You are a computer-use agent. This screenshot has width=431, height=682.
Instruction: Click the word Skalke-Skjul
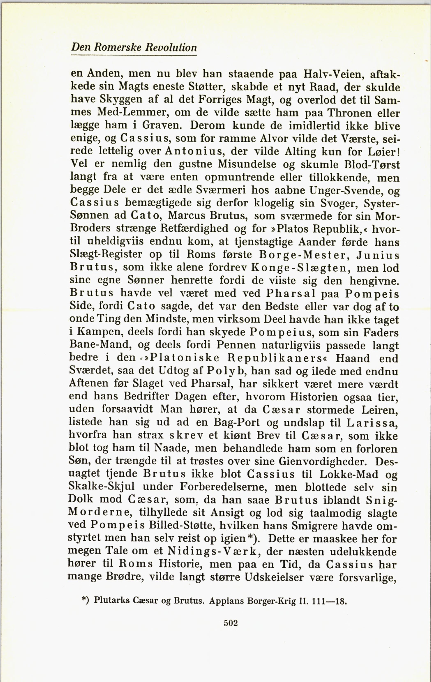[101, 487]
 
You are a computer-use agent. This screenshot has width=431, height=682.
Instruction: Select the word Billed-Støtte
[178, 526]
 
